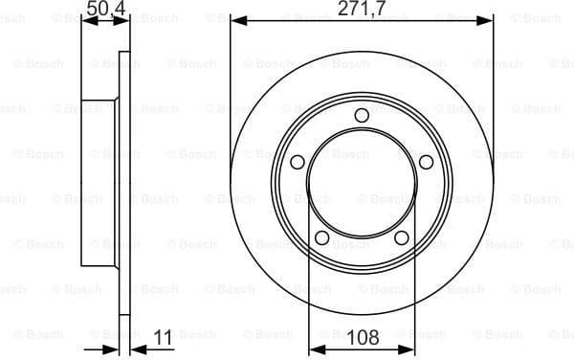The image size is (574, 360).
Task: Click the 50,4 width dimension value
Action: [106, 11]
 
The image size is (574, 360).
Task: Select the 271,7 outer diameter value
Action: [362, 11]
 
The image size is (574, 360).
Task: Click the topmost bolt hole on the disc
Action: [362, 117]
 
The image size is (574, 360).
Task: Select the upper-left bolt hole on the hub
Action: [298, 162]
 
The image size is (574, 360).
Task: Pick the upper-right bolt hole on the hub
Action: [426, 162]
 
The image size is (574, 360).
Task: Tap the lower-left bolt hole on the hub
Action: [322, 237]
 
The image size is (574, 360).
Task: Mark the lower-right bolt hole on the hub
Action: [402, 237]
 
